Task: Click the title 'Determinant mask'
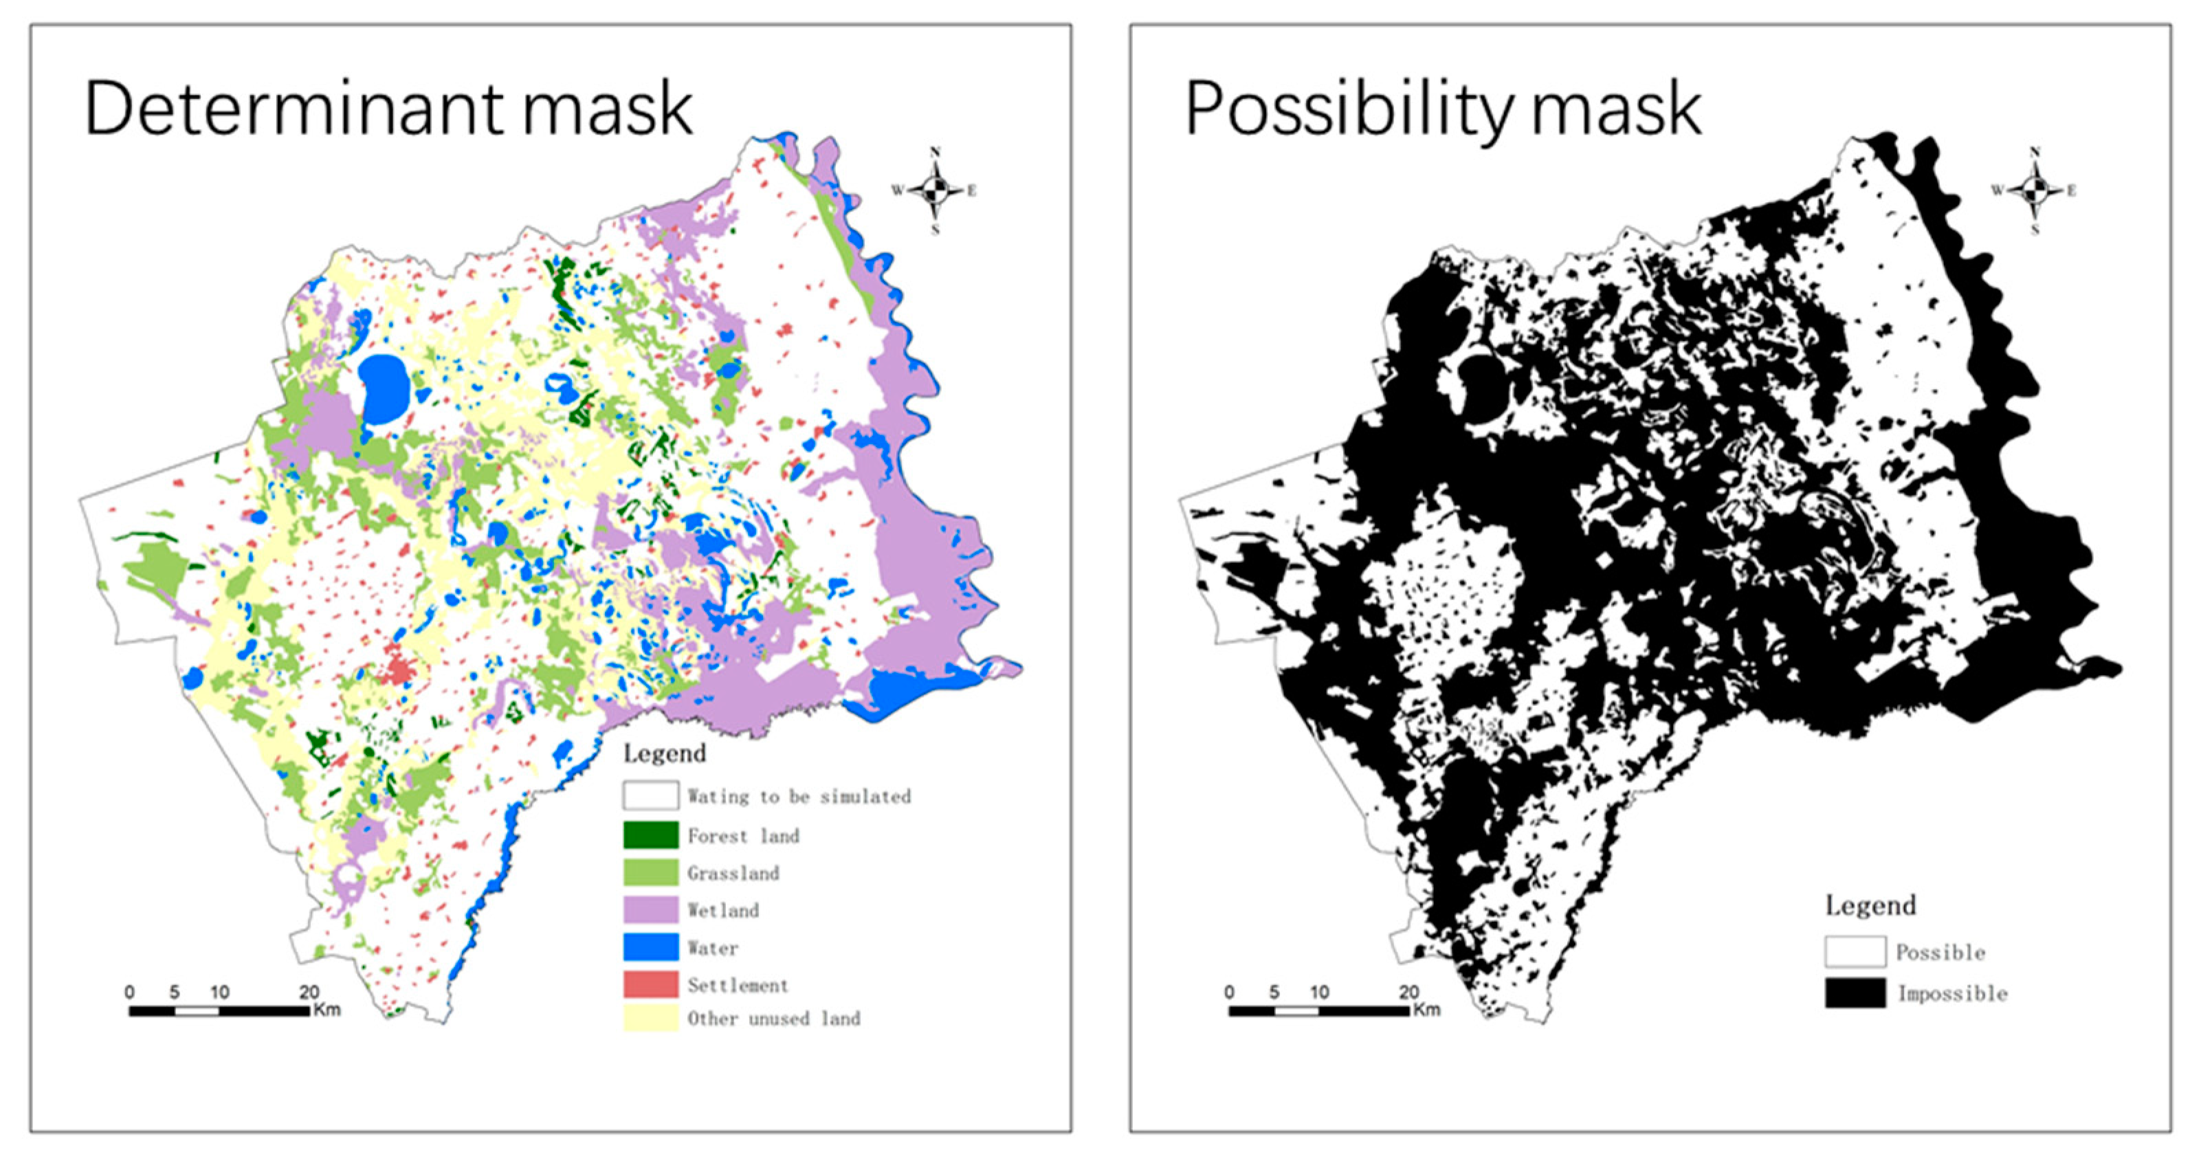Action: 389,109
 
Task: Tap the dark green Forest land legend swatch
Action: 651,835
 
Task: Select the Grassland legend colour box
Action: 651,872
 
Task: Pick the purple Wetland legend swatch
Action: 651,909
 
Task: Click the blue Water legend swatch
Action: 651,947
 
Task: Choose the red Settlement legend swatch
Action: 651,984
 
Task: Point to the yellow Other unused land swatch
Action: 651,1018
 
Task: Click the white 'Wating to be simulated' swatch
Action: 651,796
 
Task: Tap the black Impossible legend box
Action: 1855,993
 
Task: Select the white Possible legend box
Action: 1855,951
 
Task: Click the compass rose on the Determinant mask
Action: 936,190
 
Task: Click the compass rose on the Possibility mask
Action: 2035,190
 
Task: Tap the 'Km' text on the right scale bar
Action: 1426,1009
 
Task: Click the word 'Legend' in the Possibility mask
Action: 1870,905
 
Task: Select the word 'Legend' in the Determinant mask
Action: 665,753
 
